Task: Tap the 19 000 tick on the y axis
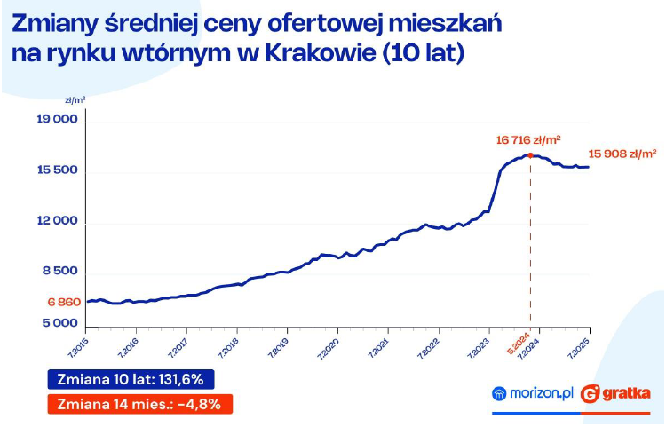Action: tap(59, 120)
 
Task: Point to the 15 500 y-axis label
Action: tap(59, 170)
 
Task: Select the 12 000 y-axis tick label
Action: tap(59, 221)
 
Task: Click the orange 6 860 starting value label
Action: tap(64, 302)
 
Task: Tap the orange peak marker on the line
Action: tap(530, 155)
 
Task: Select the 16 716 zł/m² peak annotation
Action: tap(529, 139)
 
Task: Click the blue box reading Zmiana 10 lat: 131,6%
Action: tap(131, 379)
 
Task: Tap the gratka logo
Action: tap(616, 392)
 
